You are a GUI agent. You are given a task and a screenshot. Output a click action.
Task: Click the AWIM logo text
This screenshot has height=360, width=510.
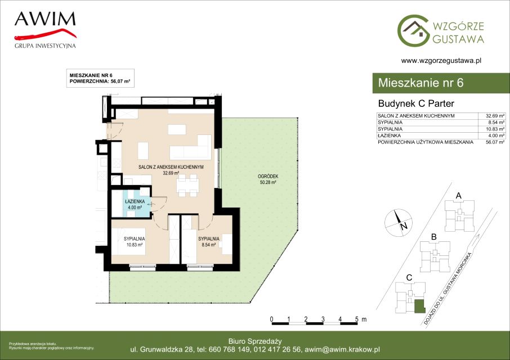pyautogui.click(x=45, y=19)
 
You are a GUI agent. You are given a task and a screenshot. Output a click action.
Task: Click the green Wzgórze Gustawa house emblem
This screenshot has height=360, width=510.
pyautogui.click(x=413, y=30)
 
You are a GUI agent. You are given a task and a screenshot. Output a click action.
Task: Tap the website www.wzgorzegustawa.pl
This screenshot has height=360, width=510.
pyautogui.click(x=441, y=60)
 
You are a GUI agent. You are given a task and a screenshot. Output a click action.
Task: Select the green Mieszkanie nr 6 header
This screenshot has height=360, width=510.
pyautogui.click(x=441, y=83)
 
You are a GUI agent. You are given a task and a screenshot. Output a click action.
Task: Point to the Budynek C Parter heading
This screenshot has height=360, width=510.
pyautogui.click(x=416, y=103)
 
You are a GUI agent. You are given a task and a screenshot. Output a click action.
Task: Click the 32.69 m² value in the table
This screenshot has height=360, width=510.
pyautogui.click(x=495, y=116)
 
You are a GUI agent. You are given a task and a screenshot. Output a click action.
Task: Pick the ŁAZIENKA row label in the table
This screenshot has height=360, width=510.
pyautogui.click(x=389, y=136)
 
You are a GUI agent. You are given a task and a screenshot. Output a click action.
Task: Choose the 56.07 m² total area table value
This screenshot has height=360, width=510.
pyautogui.click(x=495, y=142)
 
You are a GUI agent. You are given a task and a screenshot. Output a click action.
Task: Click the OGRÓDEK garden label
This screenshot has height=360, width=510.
pyautogui.click(x=268, y=177)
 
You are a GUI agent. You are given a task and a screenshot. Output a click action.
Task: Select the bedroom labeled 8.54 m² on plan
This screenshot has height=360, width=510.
pyautogui.click(x=208, y=242)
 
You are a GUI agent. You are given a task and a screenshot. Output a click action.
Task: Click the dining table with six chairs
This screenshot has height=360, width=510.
pyautogui.click(x=187, y=186)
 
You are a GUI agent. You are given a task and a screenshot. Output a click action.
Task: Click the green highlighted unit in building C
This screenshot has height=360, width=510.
pyautogui.click(x=419, y=307)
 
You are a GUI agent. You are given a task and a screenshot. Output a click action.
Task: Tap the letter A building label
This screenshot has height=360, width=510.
pyautogui.click(x=459, y=196)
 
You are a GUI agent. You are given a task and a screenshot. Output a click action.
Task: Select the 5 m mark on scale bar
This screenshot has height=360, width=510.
pyautogui.click(x=357, y=319)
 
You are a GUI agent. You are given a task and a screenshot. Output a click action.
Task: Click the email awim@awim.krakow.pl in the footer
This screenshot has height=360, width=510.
pyautogui.click(x=342, y=350)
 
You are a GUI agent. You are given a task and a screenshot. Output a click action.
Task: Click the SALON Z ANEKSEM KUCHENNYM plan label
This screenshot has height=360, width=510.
pyautogui.click(x=171, y=167)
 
